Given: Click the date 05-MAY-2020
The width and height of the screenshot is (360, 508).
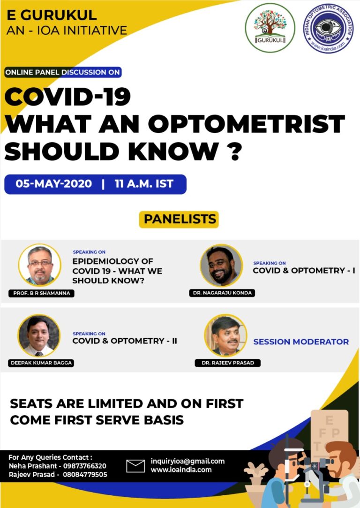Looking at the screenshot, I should [x=54, y=184].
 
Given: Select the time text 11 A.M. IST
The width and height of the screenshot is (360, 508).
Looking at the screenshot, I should [x=144, y=184].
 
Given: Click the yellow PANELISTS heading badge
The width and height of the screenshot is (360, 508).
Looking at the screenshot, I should [x=180, y=219].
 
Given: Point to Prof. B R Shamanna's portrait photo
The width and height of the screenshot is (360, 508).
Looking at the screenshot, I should [x=39, y=265].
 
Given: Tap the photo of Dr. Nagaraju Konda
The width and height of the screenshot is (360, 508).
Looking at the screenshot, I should [x=221, y=265].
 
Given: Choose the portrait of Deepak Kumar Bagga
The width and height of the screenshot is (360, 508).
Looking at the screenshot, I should [x=39, y=335].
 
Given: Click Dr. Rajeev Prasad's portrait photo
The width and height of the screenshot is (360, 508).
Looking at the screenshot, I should [x=225, y=335].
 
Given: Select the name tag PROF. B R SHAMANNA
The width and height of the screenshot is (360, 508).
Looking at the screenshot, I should [x=42, y=293].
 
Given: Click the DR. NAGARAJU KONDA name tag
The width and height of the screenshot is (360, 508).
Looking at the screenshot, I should [x=221, y=293].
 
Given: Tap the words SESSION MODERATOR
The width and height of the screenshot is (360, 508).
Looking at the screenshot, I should [x=301, y=342].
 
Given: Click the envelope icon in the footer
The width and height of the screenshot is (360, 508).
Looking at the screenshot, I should [x=135, y=466].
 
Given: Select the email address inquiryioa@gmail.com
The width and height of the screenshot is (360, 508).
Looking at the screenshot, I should [x=187, y=461].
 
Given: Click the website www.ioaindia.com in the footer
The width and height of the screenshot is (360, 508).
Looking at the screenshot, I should [x=181, y=470].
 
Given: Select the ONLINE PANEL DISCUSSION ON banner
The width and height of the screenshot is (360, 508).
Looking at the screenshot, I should [x=63, y=72].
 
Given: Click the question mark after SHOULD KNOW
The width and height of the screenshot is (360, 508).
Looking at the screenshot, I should [x=239, y=152].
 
